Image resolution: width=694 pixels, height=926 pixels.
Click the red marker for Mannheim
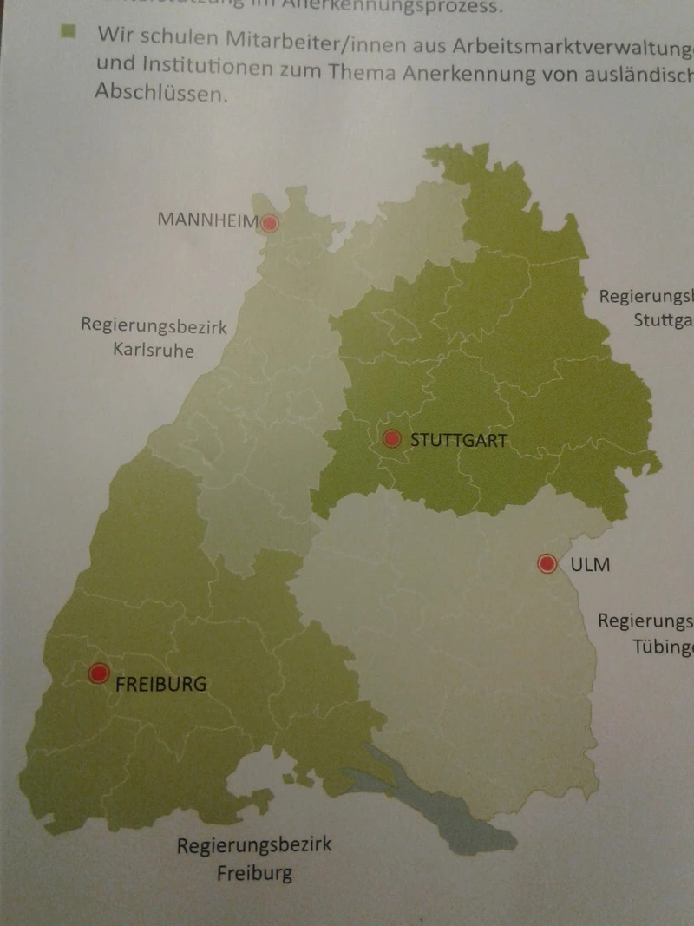tap(270, 223)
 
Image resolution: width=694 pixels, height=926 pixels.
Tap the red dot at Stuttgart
tap(391, 439)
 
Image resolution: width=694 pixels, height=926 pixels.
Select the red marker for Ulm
tap(547, 564)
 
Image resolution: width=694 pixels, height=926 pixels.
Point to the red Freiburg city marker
tap(99, 673)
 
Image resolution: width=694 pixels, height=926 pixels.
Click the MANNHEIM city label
tap(207, 220)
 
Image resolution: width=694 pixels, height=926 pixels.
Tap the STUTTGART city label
tap(458, 440)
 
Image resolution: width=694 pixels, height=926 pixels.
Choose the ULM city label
tap(590, 565)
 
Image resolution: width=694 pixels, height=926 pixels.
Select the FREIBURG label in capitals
tap(161, 684)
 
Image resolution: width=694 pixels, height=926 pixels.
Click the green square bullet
tap(69, 33)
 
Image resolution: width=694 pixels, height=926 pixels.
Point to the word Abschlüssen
tap(161, 94)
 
